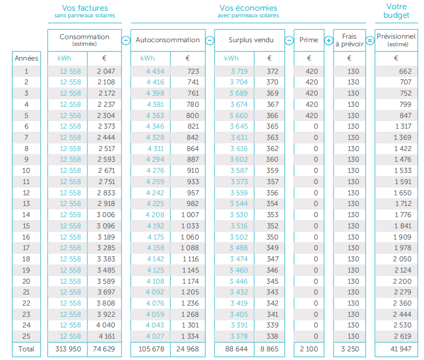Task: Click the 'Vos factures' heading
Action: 85,8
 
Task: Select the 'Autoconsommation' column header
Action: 168,40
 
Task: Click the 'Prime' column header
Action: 309,40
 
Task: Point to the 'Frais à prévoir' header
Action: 349,40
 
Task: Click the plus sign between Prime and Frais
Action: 329,41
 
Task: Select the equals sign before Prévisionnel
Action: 370,41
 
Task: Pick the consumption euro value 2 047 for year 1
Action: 106,72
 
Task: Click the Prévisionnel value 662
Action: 405,72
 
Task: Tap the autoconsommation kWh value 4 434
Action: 155,72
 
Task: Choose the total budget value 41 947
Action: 401,349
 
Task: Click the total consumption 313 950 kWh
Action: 68,349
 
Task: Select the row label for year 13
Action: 26,204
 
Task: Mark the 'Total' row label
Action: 26,349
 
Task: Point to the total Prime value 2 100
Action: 309,349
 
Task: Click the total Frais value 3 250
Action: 350,349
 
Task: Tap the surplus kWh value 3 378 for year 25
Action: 239,336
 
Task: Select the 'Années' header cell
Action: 26,58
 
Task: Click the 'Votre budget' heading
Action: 397,11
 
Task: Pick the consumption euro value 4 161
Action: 106,336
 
